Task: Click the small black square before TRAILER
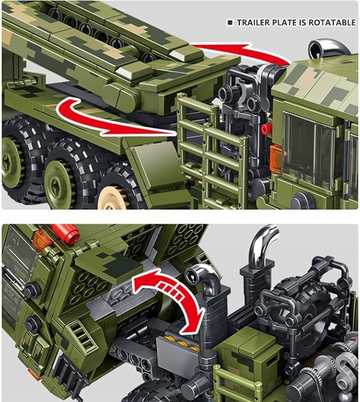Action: (x=230, y=23)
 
